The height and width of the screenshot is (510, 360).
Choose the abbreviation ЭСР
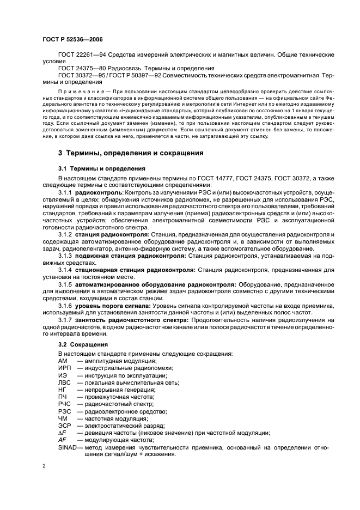64,426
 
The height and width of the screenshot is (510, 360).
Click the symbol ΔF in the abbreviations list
62,433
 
